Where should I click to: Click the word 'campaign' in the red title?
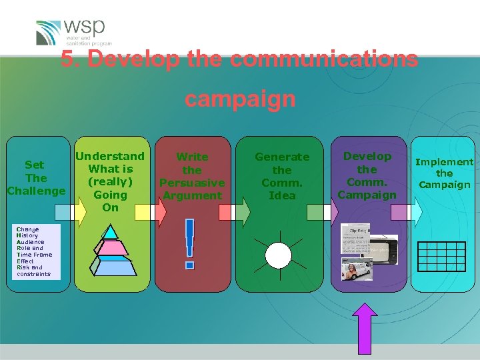(239, 99)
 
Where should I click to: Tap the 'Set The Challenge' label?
(36, 178)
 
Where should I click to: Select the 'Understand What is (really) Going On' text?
(110, 181)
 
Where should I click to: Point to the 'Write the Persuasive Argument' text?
(192, 176)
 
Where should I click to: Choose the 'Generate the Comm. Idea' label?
(282, 176)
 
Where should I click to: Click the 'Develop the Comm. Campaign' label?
(367, 175)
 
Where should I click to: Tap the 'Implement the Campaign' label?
(444, 173)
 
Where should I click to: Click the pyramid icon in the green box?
(109, 250)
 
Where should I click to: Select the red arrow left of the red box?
(161, 212)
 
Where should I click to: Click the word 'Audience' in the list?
(31, 242)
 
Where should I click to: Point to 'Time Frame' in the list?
(34, 255)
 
